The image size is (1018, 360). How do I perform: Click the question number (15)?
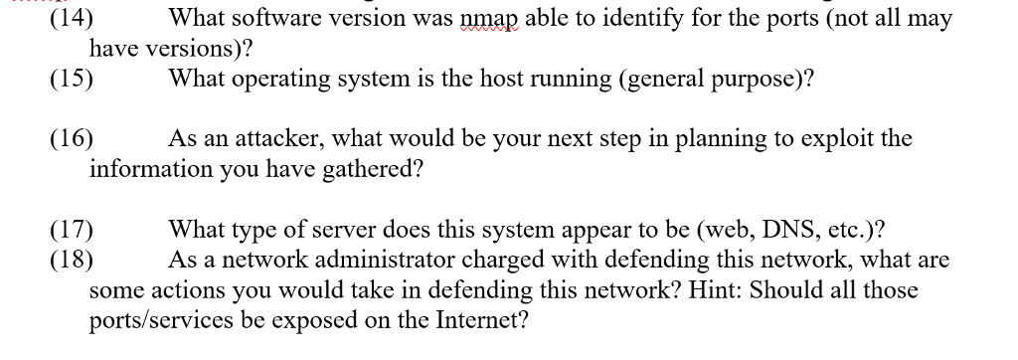point(72,80)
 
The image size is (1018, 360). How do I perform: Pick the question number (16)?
point(72,139)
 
